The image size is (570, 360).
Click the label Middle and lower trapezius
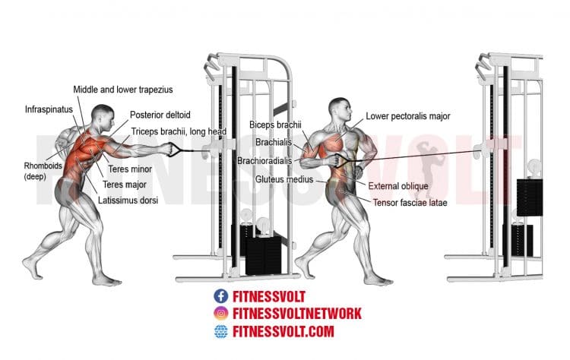123,90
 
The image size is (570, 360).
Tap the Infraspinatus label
49,109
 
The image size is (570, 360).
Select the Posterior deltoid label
160,115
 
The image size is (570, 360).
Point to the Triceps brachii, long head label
179,131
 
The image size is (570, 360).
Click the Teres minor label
130,169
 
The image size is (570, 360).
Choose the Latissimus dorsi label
128,201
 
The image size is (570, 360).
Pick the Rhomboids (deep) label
43,171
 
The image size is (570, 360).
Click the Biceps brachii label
275,125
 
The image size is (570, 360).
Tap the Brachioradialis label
264,160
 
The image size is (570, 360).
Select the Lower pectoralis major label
408,116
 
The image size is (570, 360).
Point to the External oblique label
398,186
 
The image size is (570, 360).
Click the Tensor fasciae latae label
410,203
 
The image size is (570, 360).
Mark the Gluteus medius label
284,179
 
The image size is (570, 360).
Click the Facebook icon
220,296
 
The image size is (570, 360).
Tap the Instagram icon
220,313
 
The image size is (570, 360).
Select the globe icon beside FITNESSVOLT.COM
220,331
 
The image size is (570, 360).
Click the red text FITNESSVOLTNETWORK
297,314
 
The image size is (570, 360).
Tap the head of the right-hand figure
340,109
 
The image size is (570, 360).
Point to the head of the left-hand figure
103,117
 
